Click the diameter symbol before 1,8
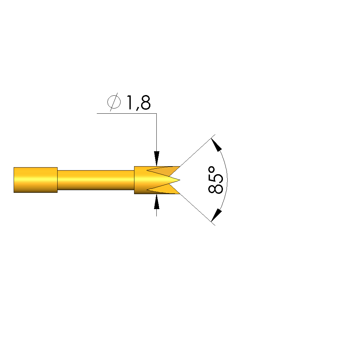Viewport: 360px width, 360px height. click(x=114, y=102)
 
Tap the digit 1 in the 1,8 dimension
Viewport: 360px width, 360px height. click(x=129, y=102)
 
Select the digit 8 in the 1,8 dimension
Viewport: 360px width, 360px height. click(x=146, y=102)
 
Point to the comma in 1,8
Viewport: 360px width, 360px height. click(x=137, y=109)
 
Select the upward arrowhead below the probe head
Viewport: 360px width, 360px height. click(x=156, y=201)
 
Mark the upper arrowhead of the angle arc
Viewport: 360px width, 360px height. click(x=216, y=145)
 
